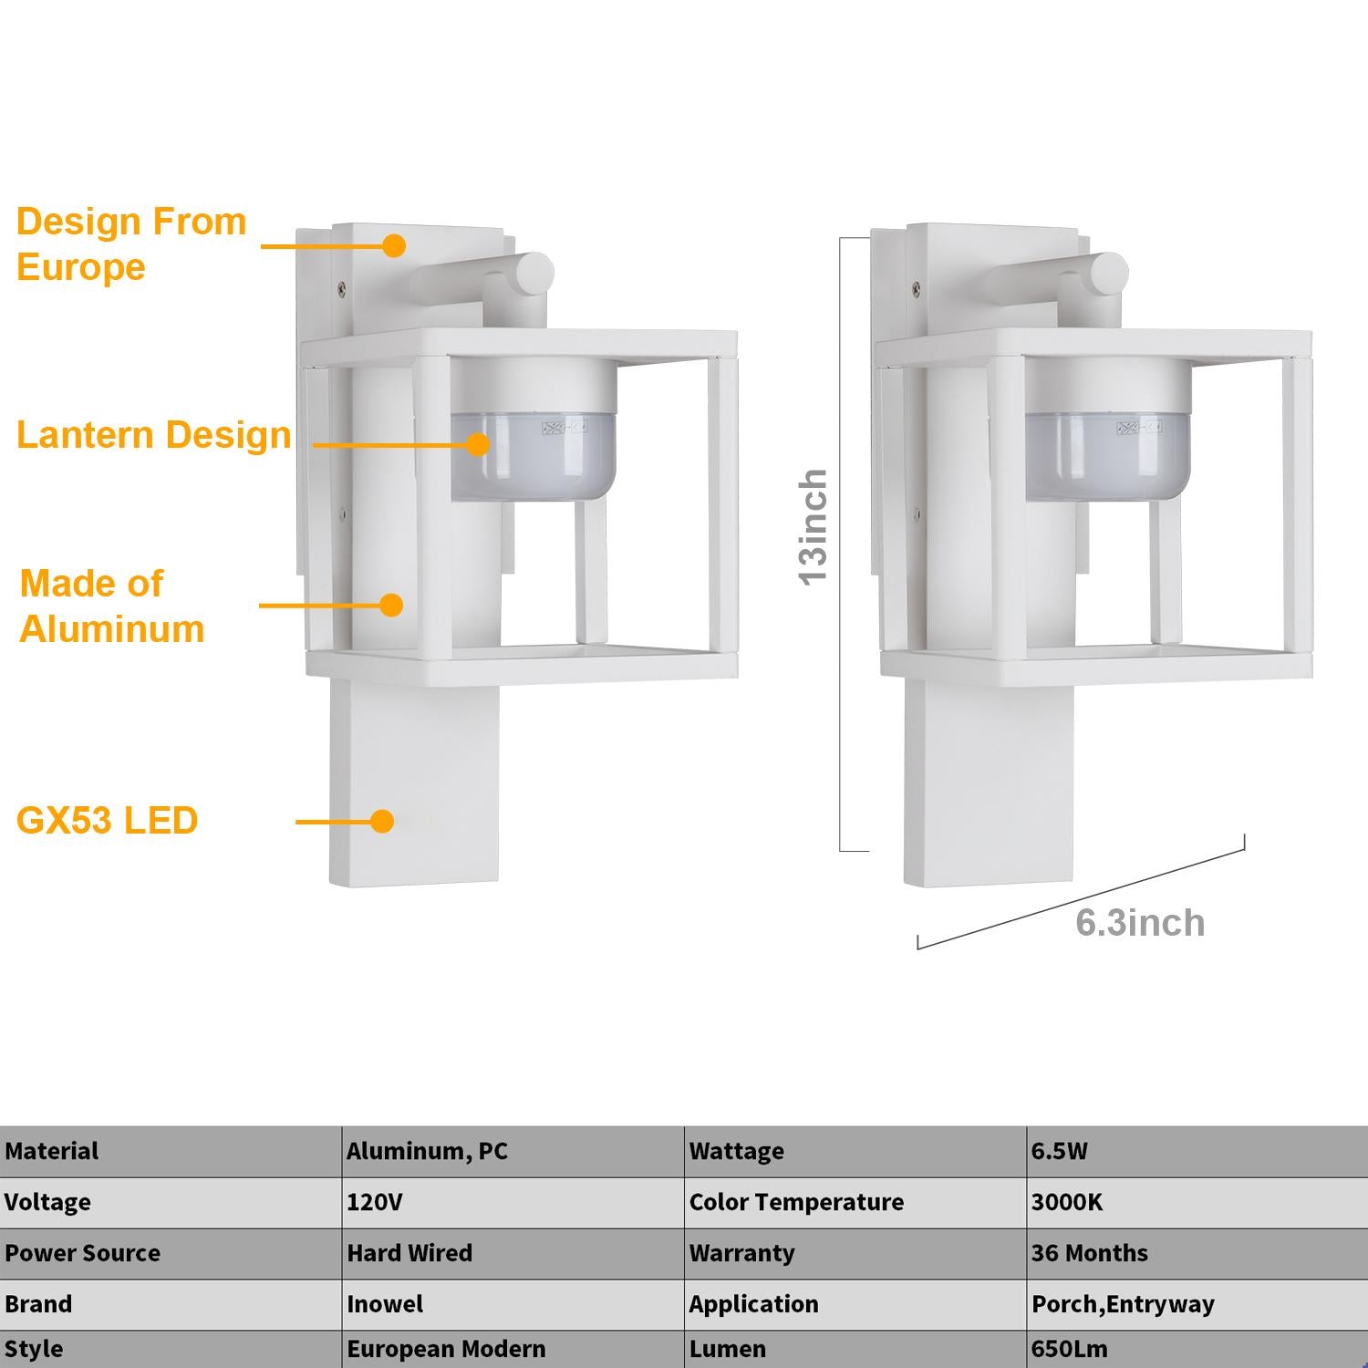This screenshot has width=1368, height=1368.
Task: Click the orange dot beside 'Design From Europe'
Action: [x=394, y=245]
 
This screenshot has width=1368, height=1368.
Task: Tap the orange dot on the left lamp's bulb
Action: [x=477, y=444]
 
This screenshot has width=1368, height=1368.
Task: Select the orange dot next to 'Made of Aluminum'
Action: [x=391, y=605]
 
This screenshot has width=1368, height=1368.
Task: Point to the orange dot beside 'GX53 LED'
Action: [x=382, y=821]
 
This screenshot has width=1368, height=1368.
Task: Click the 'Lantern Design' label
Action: [x=153, y=435]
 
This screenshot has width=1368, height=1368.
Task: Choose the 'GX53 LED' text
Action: [x=107, y=821]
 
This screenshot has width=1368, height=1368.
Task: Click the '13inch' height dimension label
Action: [x=813, y=527]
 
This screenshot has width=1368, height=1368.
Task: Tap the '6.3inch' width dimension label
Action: [x=1140, y=923]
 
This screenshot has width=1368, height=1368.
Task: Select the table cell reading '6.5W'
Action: [x=1060, y=1151]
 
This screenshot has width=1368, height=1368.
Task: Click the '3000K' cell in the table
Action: [x=1067, y=1202]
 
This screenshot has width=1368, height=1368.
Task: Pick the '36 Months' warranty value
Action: [x=1090, y=1253]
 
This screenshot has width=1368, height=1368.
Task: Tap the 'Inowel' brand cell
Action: [x=385, y=1304]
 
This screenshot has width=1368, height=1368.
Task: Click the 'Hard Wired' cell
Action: [x=409, y=1253]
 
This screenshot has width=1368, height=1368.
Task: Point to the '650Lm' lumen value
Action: [x=1070, y=1349]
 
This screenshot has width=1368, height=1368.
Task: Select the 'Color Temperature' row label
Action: [x=796, y=1202]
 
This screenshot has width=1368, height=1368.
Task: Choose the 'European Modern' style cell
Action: [x=446, y=1349]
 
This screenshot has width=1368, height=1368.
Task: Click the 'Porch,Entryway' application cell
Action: [x=1123, y=1305]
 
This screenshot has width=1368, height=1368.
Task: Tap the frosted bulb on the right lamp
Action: [x=1108, y=456]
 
